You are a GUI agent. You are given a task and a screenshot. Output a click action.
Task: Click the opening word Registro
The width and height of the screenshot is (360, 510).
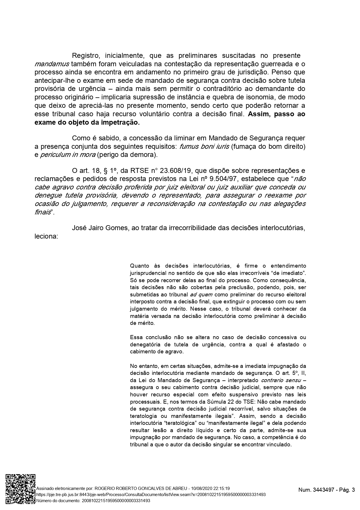pyautogui.click(x=86, y=56)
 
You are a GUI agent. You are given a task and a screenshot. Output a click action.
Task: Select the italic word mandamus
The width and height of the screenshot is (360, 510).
pyautogui.click(x=52, y=64)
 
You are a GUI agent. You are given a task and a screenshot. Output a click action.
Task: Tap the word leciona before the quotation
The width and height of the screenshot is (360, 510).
pyautogui.click(x=46, y=236)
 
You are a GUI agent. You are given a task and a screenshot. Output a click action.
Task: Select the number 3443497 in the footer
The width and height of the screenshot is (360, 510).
pyautogui.click(x=322, y=490)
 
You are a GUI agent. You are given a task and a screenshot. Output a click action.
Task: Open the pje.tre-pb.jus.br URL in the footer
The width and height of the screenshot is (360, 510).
pyautogui.click(x=151, y=494)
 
